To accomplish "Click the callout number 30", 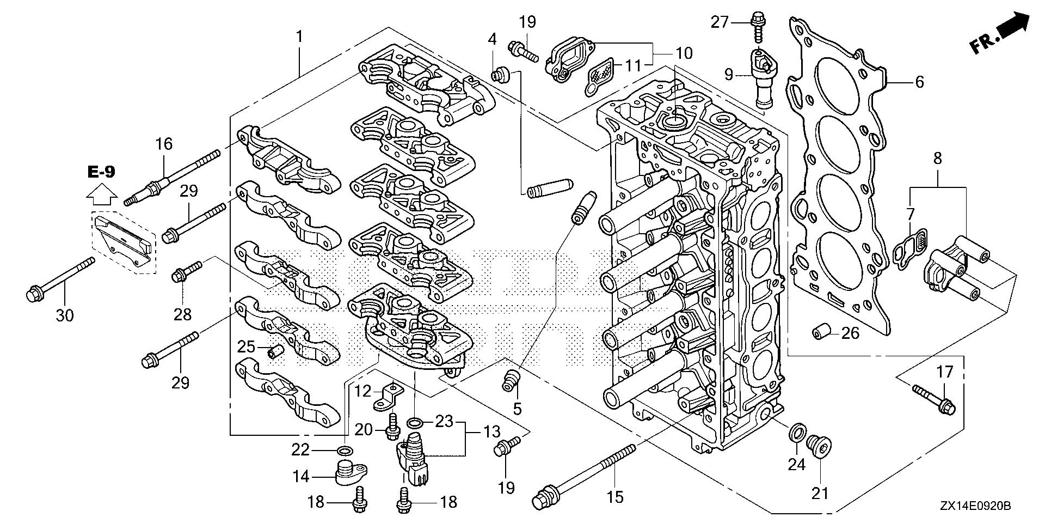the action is coord(65,315).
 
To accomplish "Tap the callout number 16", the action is coord(164,144).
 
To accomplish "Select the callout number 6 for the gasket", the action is coord(919,82).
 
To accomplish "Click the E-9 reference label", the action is coord(101,172).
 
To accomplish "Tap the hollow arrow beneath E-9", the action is coord(102,192).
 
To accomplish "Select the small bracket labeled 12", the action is coord(387,397).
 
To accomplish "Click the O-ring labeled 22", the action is coord(344,450).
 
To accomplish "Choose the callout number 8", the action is coord(937,159).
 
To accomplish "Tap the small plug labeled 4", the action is coord(501,74).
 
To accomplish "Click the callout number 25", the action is coord(246,346).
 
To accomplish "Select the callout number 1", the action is coord(299,37).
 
